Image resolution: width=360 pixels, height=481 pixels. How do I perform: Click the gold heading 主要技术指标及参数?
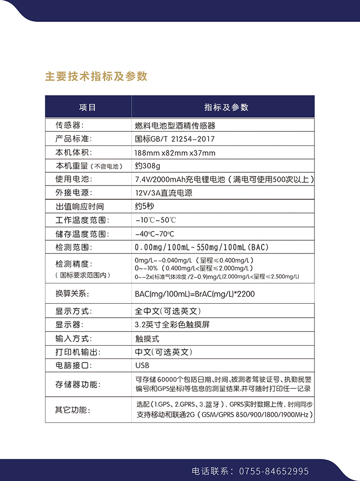[96, 76]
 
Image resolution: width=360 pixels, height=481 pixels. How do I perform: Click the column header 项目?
[88, 108]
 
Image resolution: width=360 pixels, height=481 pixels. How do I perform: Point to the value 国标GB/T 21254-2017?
[175, 139]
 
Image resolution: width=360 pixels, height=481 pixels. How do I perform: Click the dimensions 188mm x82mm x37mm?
[175, 153]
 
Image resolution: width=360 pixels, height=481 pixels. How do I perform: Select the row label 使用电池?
[73, 179]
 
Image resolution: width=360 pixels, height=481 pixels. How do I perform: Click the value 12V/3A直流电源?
[164, 193]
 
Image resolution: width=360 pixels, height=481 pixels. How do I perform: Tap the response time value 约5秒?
[145, 206]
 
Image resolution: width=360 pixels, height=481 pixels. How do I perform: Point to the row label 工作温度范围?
[82, 220]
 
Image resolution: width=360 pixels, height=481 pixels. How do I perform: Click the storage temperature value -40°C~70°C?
[155, 234]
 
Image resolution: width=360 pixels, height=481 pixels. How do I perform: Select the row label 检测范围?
[73, 248]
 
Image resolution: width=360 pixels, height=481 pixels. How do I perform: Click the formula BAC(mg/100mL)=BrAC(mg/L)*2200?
[195, 294]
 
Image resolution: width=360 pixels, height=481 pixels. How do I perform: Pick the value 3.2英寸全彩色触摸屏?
[172, 325]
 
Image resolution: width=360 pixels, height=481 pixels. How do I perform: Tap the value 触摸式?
[147, 339]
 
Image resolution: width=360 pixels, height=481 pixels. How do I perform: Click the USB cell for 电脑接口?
[142, 365]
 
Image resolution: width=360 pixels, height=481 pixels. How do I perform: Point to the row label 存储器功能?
[78, 384]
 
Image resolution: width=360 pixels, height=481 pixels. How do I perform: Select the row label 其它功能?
[73, 410]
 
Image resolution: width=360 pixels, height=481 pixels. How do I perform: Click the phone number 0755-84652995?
[273, 471]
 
